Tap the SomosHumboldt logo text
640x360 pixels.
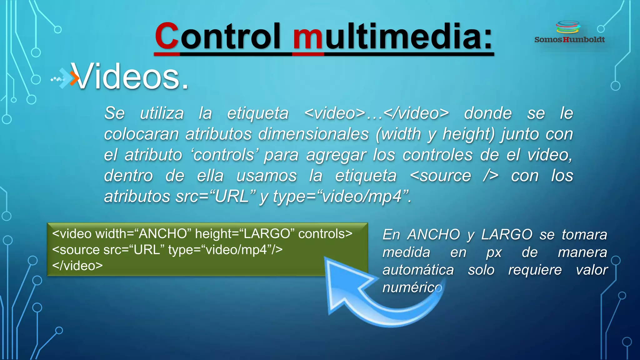tap(569, 40)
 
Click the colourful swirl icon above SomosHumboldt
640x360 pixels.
tap(568, 27)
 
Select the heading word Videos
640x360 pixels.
tap(130, 77)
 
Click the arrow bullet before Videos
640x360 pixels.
tap(64, 78)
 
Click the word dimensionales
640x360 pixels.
tap(313, 134)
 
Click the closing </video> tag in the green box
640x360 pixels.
tap(77, 266)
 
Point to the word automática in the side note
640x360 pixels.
tap(418, 270)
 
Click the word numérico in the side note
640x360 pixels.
tap(412, 287)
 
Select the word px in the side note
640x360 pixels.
tap(494, 252)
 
